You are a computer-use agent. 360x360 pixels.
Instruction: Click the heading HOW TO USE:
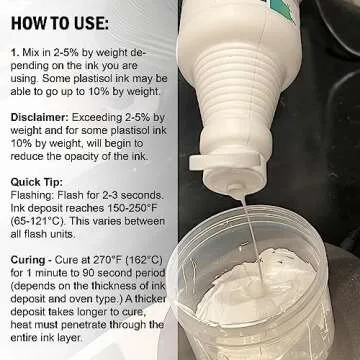(x=60, y=24)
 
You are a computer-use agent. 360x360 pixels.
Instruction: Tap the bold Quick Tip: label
(x=37, y=182)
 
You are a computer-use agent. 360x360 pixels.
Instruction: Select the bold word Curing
(x=28, y=260)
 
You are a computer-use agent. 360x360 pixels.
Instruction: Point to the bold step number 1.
(x=15, y=52)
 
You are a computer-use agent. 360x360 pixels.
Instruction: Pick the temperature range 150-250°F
(x=127, y=208)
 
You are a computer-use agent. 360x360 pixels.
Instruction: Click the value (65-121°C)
(x=39, y=221)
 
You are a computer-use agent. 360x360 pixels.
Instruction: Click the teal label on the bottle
(x=283, y=10)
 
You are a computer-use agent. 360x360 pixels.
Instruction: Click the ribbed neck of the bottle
(x=239, y=80)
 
